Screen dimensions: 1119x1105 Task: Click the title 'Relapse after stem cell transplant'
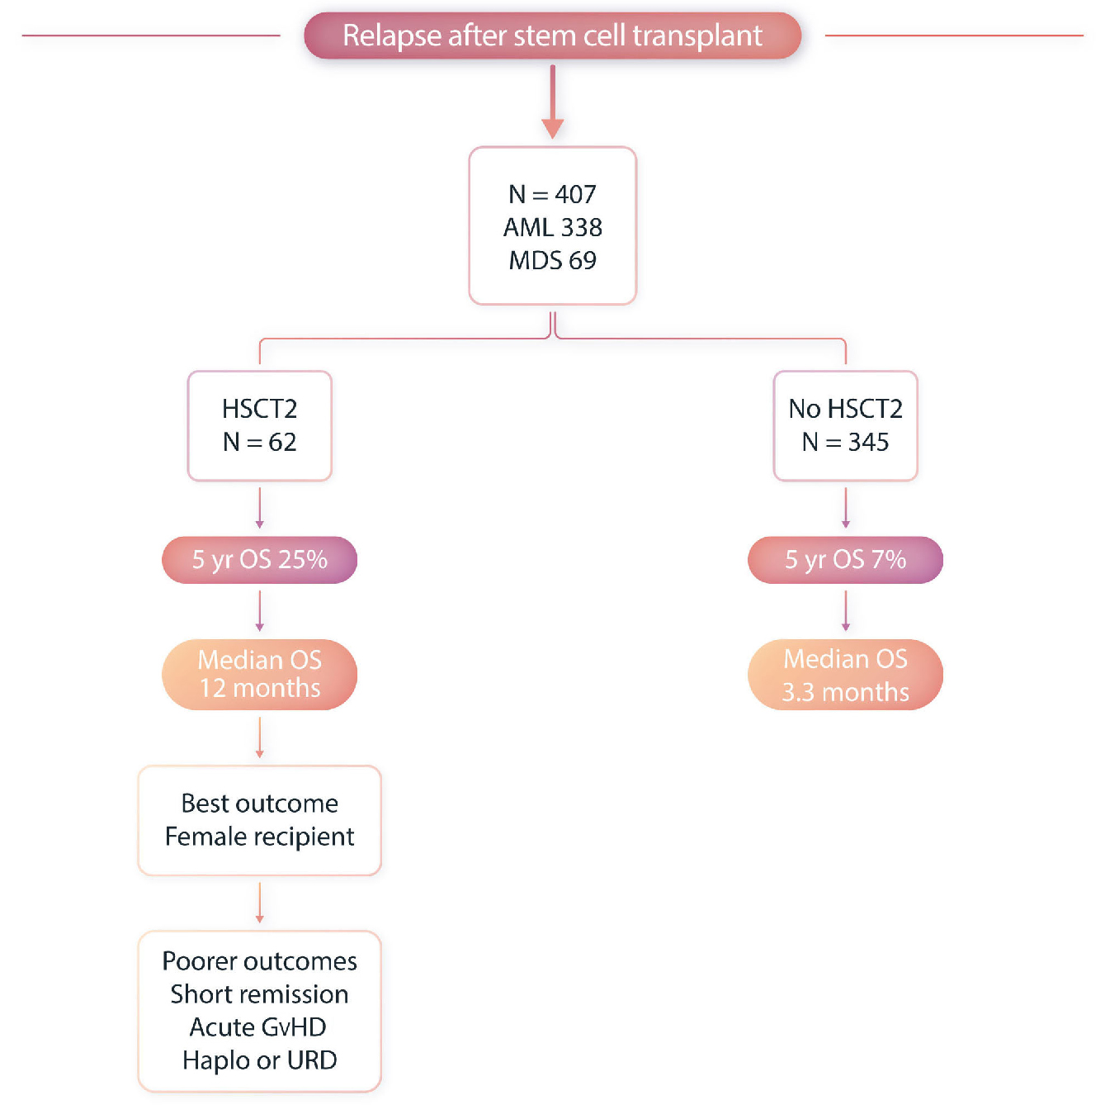coord(552,36)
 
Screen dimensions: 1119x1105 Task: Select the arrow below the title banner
coord(552,102)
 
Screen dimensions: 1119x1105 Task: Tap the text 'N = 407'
coord(552,194)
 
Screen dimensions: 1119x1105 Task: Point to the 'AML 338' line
coord(552,227)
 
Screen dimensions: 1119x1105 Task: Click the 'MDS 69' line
coord(552,260)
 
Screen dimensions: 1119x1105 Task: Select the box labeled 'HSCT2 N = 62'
coord(260,425)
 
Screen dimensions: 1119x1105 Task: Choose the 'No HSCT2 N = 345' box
coord(845,425)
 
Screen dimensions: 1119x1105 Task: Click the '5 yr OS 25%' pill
coord(260,560)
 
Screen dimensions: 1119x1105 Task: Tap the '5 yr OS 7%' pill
coord(845,560)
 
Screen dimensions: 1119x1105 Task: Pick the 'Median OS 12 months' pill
coord(260,674)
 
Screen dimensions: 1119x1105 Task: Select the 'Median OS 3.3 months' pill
coord(845,675)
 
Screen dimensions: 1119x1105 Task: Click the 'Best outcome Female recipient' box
coord(260,820)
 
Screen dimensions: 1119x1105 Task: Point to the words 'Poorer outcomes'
coord(260,961)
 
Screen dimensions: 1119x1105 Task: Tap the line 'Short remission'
coord(260,994)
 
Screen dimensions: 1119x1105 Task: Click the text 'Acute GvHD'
coord(258,1027)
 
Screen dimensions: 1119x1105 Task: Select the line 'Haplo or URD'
coord(260,1060)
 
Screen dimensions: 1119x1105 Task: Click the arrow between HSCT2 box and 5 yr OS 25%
coord(260,508)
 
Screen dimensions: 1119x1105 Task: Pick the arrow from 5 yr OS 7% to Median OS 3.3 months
coord(845,611)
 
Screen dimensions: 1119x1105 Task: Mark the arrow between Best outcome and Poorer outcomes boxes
coord(260,903)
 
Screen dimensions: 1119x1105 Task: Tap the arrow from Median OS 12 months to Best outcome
coord(260,737)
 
